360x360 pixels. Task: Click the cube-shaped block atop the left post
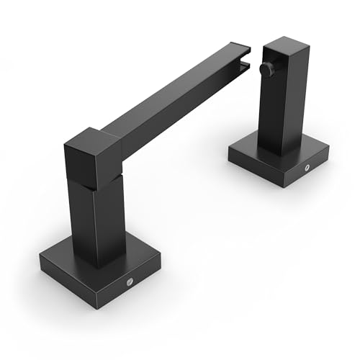pyautogui.click(x=94, y=157)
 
